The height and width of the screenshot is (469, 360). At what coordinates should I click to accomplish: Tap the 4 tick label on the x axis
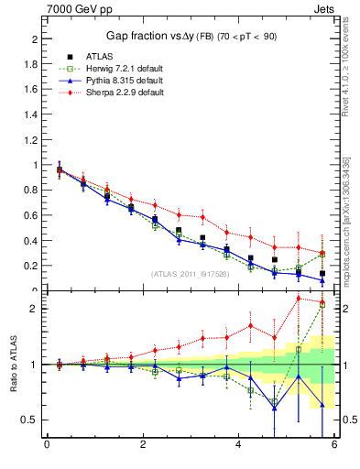tap(238, 445)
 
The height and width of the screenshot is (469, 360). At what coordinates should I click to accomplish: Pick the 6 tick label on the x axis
tap(334, 445)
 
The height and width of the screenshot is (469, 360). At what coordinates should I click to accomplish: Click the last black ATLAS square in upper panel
tap(322, 273)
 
